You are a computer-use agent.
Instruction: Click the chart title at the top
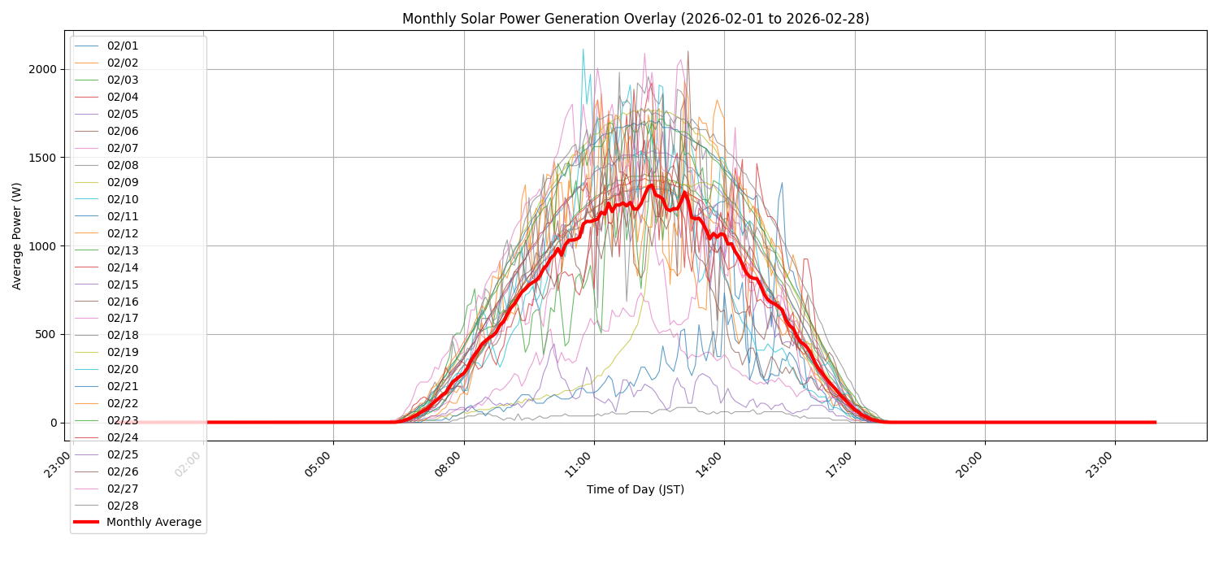coord(636,19)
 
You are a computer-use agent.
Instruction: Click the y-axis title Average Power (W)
coord(17,236)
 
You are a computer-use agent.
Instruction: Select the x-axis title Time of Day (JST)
coord(636,489)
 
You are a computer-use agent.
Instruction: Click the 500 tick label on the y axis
coord(45,334)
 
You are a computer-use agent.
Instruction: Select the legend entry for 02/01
coord(123,46)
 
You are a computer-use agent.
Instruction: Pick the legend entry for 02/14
coord(123,267)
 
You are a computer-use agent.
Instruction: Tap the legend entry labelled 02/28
coord(123,506)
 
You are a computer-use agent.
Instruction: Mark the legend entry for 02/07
coord(123,148)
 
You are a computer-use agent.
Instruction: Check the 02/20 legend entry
coord(123,370)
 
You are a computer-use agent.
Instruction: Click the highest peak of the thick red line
coord(651,185)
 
